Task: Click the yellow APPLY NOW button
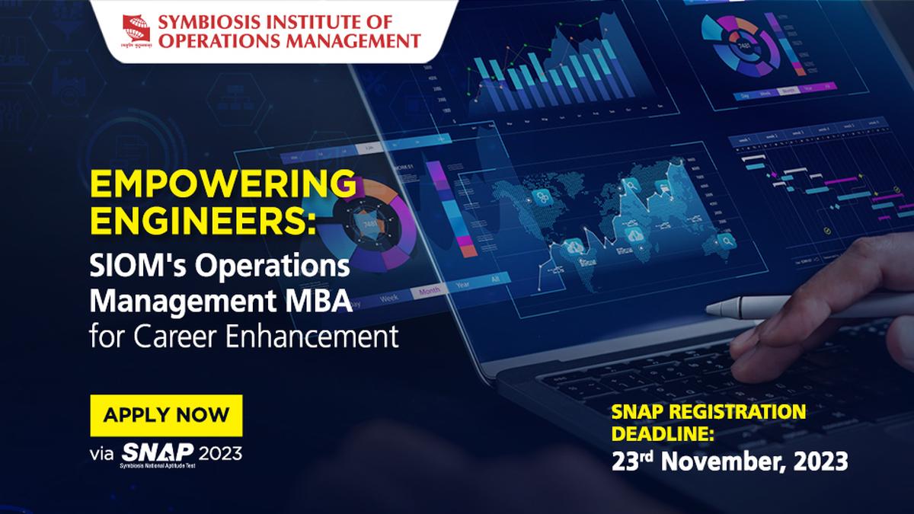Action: [166, 415]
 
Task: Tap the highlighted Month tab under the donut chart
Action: [430, 292]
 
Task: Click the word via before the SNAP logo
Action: [101, 455]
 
